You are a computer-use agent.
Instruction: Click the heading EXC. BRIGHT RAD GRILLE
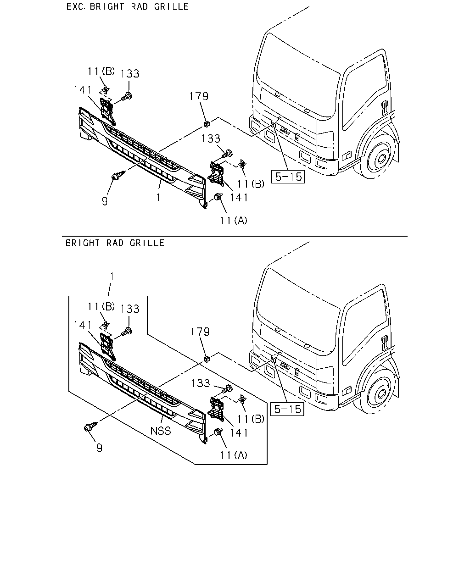point(128,6)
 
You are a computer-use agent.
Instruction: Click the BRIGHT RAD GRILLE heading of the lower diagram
point(115,243)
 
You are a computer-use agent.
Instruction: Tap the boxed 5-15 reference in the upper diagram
point(288,177)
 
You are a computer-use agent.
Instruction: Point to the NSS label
point(161,431)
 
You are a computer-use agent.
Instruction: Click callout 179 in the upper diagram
point(199,96)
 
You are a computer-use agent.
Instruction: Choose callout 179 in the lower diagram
point(200,332)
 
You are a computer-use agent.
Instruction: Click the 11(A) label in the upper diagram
point(234,221)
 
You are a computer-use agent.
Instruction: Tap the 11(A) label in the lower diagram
point(234,455)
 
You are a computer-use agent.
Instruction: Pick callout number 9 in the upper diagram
point(105,201)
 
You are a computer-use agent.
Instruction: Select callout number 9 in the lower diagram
point(100,448)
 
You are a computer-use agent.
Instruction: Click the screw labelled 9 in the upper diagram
point(117,175)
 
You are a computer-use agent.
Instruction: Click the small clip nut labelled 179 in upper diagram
point(207,123)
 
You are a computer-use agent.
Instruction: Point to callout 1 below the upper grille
point(159,197)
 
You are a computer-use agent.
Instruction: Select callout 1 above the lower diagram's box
point(112,277)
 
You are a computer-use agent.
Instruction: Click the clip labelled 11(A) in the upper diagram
point(218,196)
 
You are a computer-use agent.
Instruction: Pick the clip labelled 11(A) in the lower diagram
point(218,432)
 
